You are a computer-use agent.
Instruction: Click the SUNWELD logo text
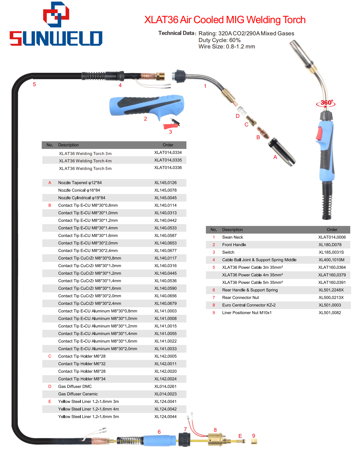coord(56,38)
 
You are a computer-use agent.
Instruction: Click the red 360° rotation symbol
coord(326,103)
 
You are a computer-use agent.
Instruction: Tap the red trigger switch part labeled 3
coord(171,125)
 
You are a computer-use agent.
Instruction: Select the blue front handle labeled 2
coord(146,107)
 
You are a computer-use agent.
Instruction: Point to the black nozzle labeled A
coord(282,152)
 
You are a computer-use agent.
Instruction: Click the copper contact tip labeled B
coord(263,133)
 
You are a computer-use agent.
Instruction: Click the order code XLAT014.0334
coord(168,152)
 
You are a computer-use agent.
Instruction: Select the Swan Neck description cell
coord(232,237)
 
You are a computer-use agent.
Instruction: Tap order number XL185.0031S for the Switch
coord(331,252)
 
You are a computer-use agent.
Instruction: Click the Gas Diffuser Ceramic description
coord(78,394)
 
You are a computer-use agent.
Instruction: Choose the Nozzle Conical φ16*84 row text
coord(79,190)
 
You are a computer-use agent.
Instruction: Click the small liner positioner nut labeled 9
coord(254,442)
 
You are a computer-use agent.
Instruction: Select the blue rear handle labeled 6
coord(160,440)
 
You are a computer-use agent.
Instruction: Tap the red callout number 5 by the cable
coord(34,84)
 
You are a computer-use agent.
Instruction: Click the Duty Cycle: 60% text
coord(219,40)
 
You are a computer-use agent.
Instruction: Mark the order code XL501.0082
coord(330,312)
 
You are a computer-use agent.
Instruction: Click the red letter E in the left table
coord(50,401)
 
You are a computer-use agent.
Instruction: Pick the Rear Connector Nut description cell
coord(241,298)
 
